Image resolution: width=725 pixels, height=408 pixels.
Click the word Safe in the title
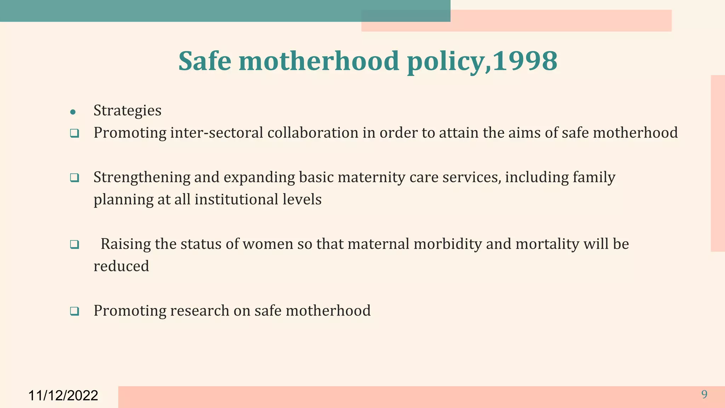(x=205, y=61)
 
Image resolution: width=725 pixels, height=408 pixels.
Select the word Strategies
(x=127, y=110)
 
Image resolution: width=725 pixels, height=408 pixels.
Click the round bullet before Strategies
(x=73, y=113)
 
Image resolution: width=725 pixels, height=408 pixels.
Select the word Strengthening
(x=142, y=177)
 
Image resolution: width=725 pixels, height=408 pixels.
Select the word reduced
(x=121, y=266)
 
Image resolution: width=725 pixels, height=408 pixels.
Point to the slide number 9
(x=704, y=394)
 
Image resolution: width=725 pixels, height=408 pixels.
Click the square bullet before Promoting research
(x=74, y=311)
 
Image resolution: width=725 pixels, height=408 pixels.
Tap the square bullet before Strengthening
(x=74, y=178)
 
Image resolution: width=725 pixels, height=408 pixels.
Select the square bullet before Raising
(x=74, y=244)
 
